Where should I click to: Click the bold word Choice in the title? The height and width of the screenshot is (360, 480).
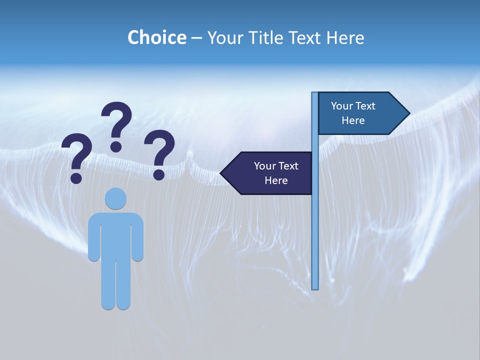156,37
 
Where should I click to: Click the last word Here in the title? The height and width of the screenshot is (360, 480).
345,37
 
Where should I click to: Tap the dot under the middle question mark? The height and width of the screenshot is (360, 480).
116,146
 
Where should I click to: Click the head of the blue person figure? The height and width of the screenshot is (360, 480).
115,198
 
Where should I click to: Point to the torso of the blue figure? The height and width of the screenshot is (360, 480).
115,235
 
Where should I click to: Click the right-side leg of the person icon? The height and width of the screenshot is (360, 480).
123,285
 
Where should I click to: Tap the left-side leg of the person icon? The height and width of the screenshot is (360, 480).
108,285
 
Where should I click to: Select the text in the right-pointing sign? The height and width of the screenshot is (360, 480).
353,113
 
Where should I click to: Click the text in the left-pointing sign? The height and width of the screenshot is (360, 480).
276,173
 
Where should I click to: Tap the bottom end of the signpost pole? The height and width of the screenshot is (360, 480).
315,287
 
